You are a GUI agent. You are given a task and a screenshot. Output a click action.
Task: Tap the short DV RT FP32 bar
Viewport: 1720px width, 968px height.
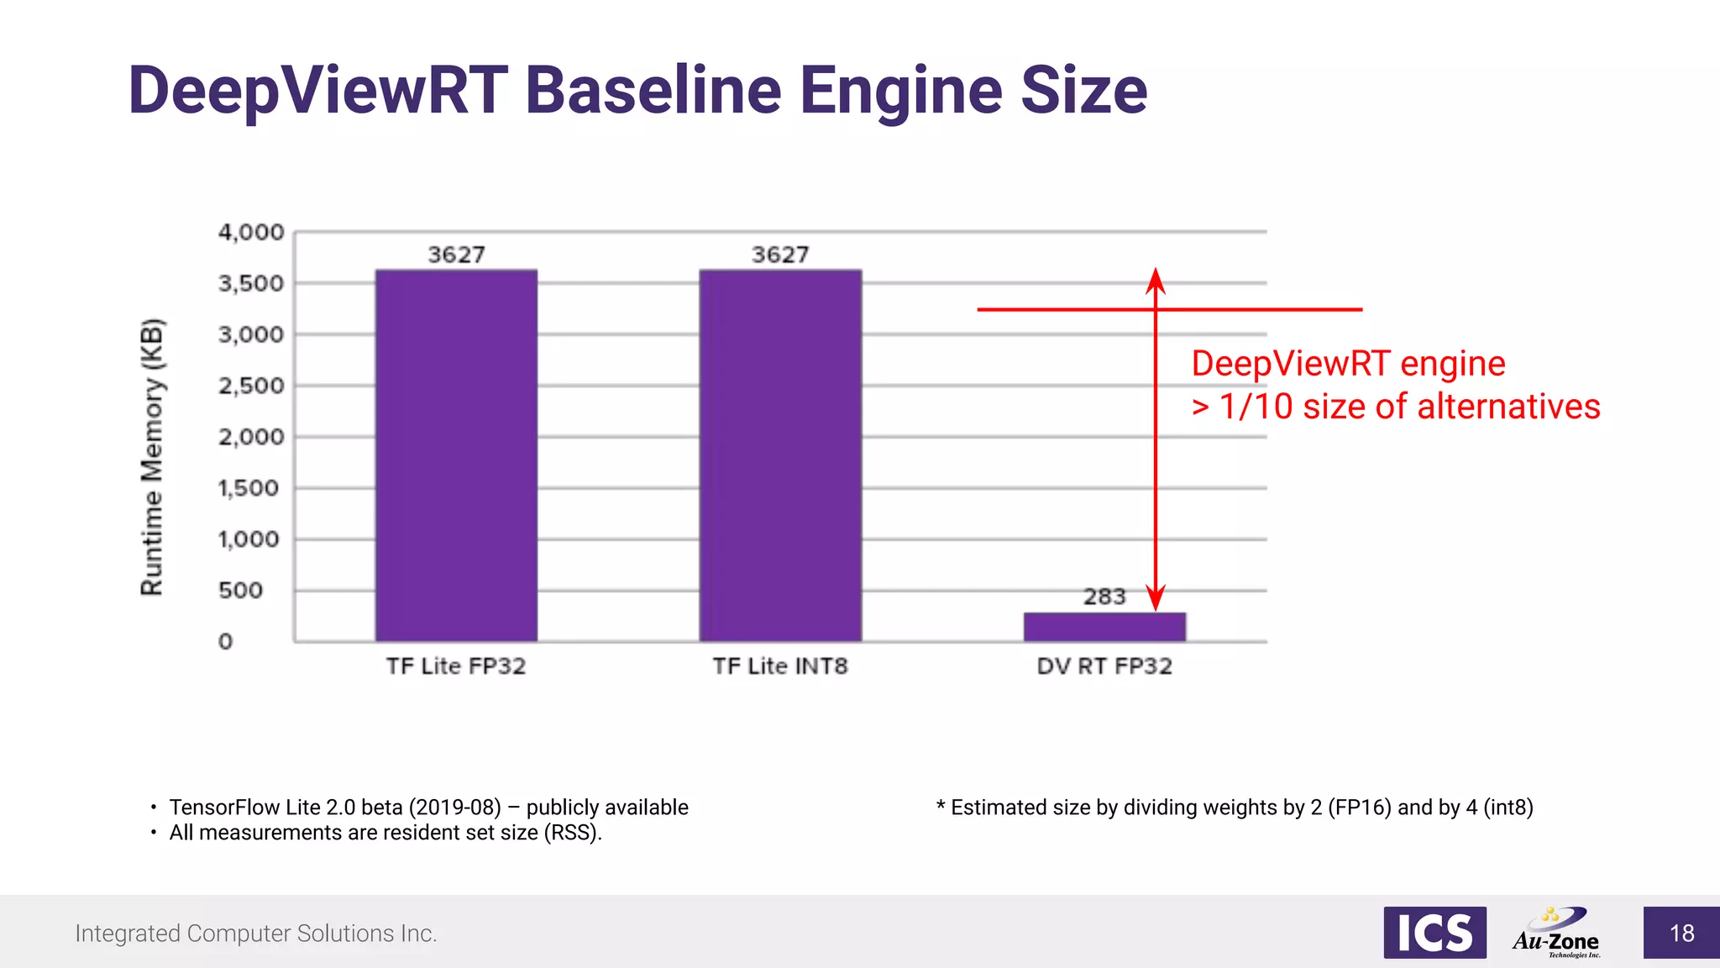pos(1104,627)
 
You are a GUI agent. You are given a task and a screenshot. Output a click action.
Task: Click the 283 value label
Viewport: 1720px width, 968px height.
pos(1104,597)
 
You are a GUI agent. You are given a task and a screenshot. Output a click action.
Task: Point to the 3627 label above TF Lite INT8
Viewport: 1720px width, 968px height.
pos(780,255)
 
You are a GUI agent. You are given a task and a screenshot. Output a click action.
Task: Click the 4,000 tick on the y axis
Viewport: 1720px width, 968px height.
pos(251,232)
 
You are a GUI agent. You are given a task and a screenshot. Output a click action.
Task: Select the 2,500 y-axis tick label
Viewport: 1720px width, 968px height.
pos(251,386)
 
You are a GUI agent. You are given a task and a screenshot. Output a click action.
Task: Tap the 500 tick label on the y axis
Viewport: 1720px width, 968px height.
pos(241,591)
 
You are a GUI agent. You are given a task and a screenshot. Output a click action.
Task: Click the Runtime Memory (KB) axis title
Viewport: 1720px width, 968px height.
pos(152,457)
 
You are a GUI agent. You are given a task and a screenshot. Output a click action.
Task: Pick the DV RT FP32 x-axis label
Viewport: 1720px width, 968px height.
pos(1104,666)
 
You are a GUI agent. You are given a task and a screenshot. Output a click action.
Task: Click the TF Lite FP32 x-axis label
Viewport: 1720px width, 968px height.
pos(456,666)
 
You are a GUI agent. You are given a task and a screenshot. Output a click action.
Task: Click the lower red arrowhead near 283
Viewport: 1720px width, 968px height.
pos(1156,598)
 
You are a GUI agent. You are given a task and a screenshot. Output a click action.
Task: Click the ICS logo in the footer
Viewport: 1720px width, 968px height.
pos(1434,933)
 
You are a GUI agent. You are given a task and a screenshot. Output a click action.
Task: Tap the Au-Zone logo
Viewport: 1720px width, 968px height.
pos(1556,933)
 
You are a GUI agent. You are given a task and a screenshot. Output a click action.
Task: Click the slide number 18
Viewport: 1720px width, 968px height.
pos(1681,934)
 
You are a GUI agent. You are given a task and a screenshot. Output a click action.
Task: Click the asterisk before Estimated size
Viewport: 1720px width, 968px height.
pos(941,806)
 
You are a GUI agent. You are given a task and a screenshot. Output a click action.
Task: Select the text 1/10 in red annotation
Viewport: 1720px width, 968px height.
pos(1256,407)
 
